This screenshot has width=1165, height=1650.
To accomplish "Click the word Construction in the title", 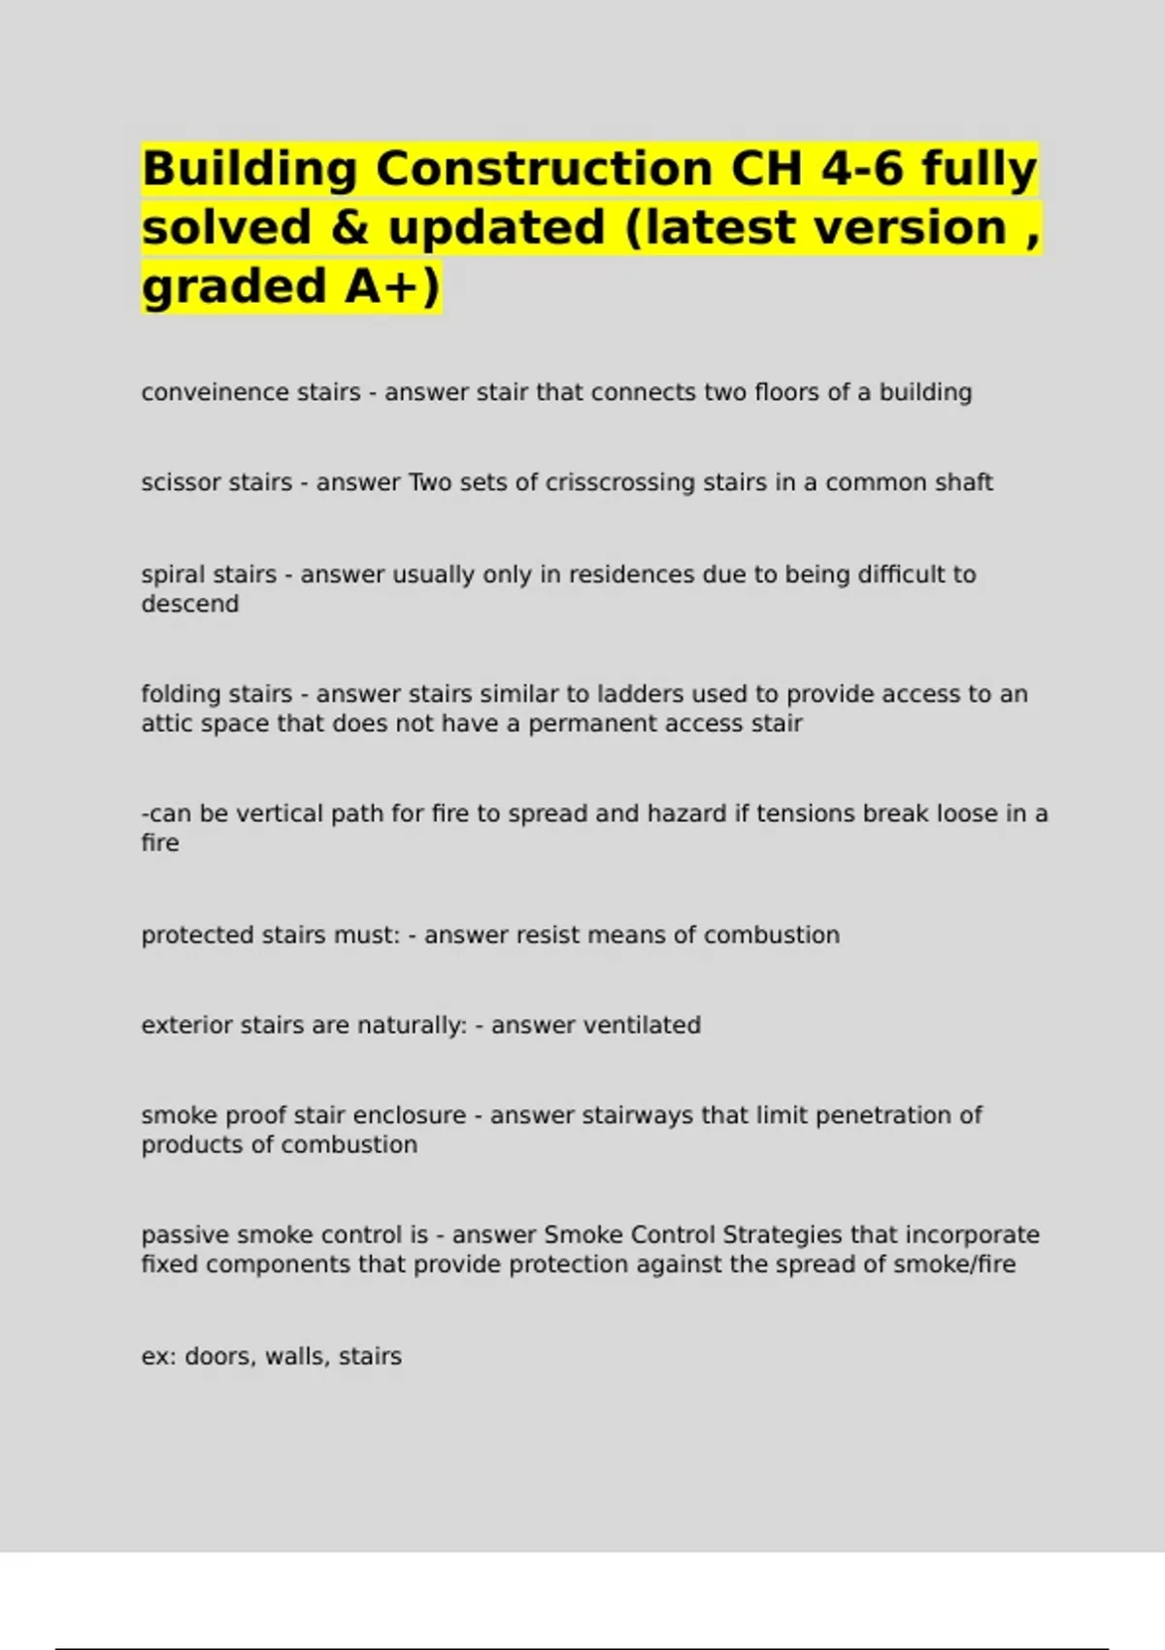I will (544, 169).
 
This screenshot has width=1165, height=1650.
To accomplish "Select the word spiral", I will (175, 575).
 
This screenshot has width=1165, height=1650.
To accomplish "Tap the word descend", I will (189, 604).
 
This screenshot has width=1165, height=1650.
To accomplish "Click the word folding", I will (181, 694).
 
